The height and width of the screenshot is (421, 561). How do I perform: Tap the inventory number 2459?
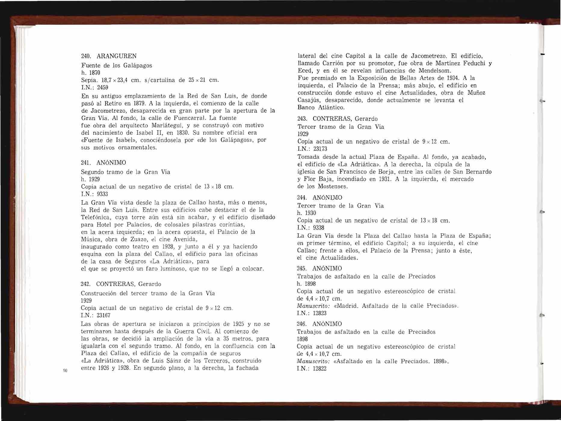click(103, 88)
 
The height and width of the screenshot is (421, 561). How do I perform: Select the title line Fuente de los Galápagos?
click(117, 66)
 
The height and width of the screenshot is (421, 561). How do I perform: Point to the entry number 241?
click(86, 163)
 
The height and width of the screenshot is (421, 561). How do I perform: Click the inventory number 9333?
click(102, 194)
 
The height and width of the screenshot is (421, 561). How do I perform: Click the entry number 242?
click(86, 284)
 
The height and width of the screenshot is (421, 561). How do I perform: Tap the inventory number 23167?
click(103, 315)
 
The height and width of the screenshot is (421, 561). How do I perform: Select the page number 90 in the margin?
click(65, 370)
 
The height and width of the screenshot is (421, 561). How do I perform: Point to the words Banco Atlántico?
click(321, 107)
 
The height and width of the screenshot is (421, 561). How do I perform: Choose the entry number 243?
click(303, 119)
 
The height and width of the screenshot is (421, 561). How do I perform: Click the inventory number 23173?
click(320, 149)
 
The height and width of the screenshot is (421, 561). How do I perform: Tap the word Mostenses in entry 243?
click(332, 186)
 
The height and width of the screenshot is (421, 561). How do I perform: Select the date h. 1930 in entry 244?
click(307, 213)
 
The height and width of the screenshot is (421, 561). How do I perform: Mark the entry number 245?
click(302, 268)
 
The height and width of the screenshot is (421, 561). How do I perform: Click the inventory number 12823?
click(319, 313)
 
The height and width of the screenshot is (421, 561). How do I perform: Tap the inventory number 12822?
click(319, 369)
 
